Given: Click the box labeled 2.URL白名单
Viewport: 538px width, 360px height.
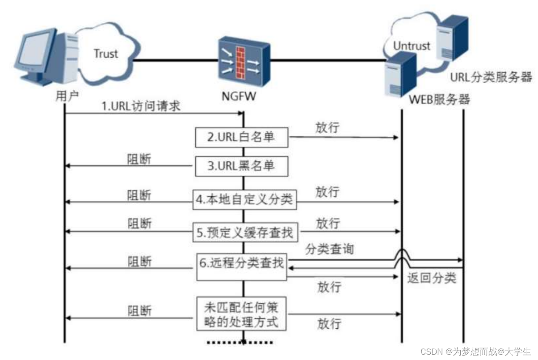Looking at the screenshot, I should pyautogui.click(x=241, y=137).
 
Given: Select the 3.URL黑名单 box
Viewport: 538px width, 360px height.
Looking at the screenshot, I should pyautogui.click(x=241, y=166).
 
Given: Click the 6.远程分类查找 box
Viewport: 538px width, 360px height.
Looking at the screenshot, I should pyautogui.click(x=242, y=267).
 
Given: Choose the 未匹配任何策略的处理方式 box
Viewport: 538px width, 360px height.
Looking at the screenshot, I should pyautogui.click(x=241, y=315).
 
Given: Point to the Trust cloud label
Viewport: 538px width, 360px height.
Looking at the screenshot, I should pyautogui.click(x=106, y=54).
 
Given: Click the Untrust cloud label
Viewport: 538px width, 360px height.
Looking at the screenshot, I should pyautogui.click(x=412, y=46).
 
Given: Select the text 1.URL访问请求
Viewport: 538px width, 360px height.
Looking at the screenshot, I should pyautogui.click(x=141, y=106).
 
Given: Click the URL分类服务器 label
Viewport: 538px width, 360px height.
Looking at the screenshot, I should pyautogui.click(x=490, y=77).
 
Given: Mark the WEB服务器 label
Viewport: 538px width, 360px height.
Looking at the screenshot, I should pyautogui.click(x=440, y=99).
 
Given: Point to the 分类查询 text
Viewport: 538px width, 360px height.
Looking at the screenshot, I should pyautogui.click(x=329, y=249).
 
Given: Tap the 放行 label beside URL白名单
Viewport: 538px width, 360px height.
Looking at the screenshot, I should pyautogui.click(x=328, y=127).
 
